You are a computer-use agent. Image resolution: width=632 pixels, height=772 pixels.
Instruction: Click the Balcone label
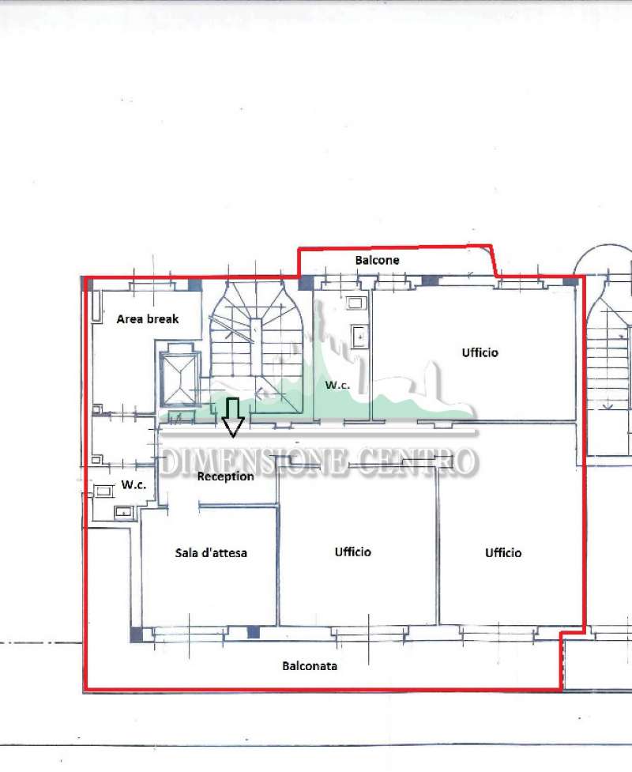pos(377,260)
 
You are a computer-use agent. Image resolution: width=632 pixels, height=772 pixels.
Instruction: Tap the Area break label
pos(148,319)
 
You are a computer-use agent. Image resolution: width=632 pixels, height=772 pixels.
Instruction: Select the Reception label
pos(225,476)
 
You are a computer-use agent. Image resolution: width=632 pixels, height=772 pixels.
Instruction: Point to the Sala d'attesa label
pos(211,553)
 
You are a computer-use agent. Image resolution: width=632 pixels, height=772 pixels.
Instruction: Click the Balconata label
pos(310,666)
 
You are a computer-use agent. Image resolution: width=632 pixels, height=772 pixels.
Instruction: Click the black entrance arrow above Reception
pos(233,417)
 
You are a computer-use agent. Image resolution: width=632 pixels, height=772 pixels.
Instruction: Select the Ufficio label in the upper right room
pos(480,352)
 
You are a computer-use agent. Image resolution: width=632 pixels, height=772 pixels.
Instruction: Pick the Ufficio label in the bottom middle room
pos(353,552)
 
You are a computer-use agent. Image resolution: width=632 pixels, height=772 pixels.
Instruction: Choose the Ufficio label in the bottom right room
pos(503,553)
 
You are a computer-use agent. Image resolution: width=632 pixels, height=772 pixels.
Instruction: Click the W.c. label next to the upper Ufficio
pos(337,385)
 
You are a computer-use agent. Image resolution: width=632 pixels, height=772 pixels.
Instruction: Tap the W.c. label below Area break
pos(134,485)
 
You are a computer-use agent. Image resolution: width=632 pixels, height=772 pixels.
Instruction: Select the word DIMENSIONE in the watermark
pos(253,463)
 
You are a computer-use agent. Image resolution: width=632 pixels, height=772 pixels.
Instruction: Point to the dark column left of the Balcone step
pos(306,283)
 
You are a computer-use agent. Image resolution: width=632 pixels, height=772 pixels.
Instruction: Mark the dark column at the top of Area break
pos(195,285)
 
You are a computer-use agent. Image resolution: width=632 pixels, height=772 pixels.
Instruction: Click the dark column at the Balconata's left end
pos(137,635)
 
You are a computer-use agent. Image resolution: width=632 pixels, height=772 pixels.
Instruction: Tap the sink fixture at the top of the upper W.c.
pos(355,303)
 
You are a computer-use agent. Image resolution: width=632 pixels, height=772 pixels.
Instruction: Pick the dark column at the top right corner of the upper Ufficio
pos(570,282)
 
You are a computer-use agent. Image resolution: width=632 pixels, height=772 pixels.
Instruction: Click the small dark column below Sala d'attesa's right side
pos(253,633)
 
